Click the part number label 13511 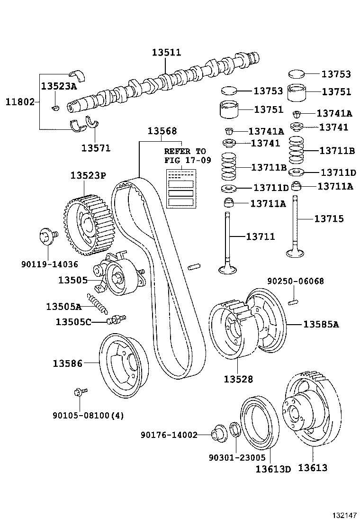pyautogui.click(x=166, y=53)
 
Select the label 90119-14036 pyautogui.click(x=49, y=264)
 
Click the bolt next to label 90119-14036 pyautogui.click(x=47, y=236)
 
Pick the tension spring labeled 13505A pyautogui.click(x=100, y=304)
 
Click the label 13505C pyautogui.click(x=73, y=322)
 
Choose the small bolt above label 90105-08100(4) pyautogui.click(x=80, y=392)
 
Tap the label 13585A pyautogui.click(x=321, y=325)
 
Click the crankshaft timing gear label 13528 pyautogui.click(x=238, y=379)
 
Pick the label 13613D pyautogui.click(x=273, y=469)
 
